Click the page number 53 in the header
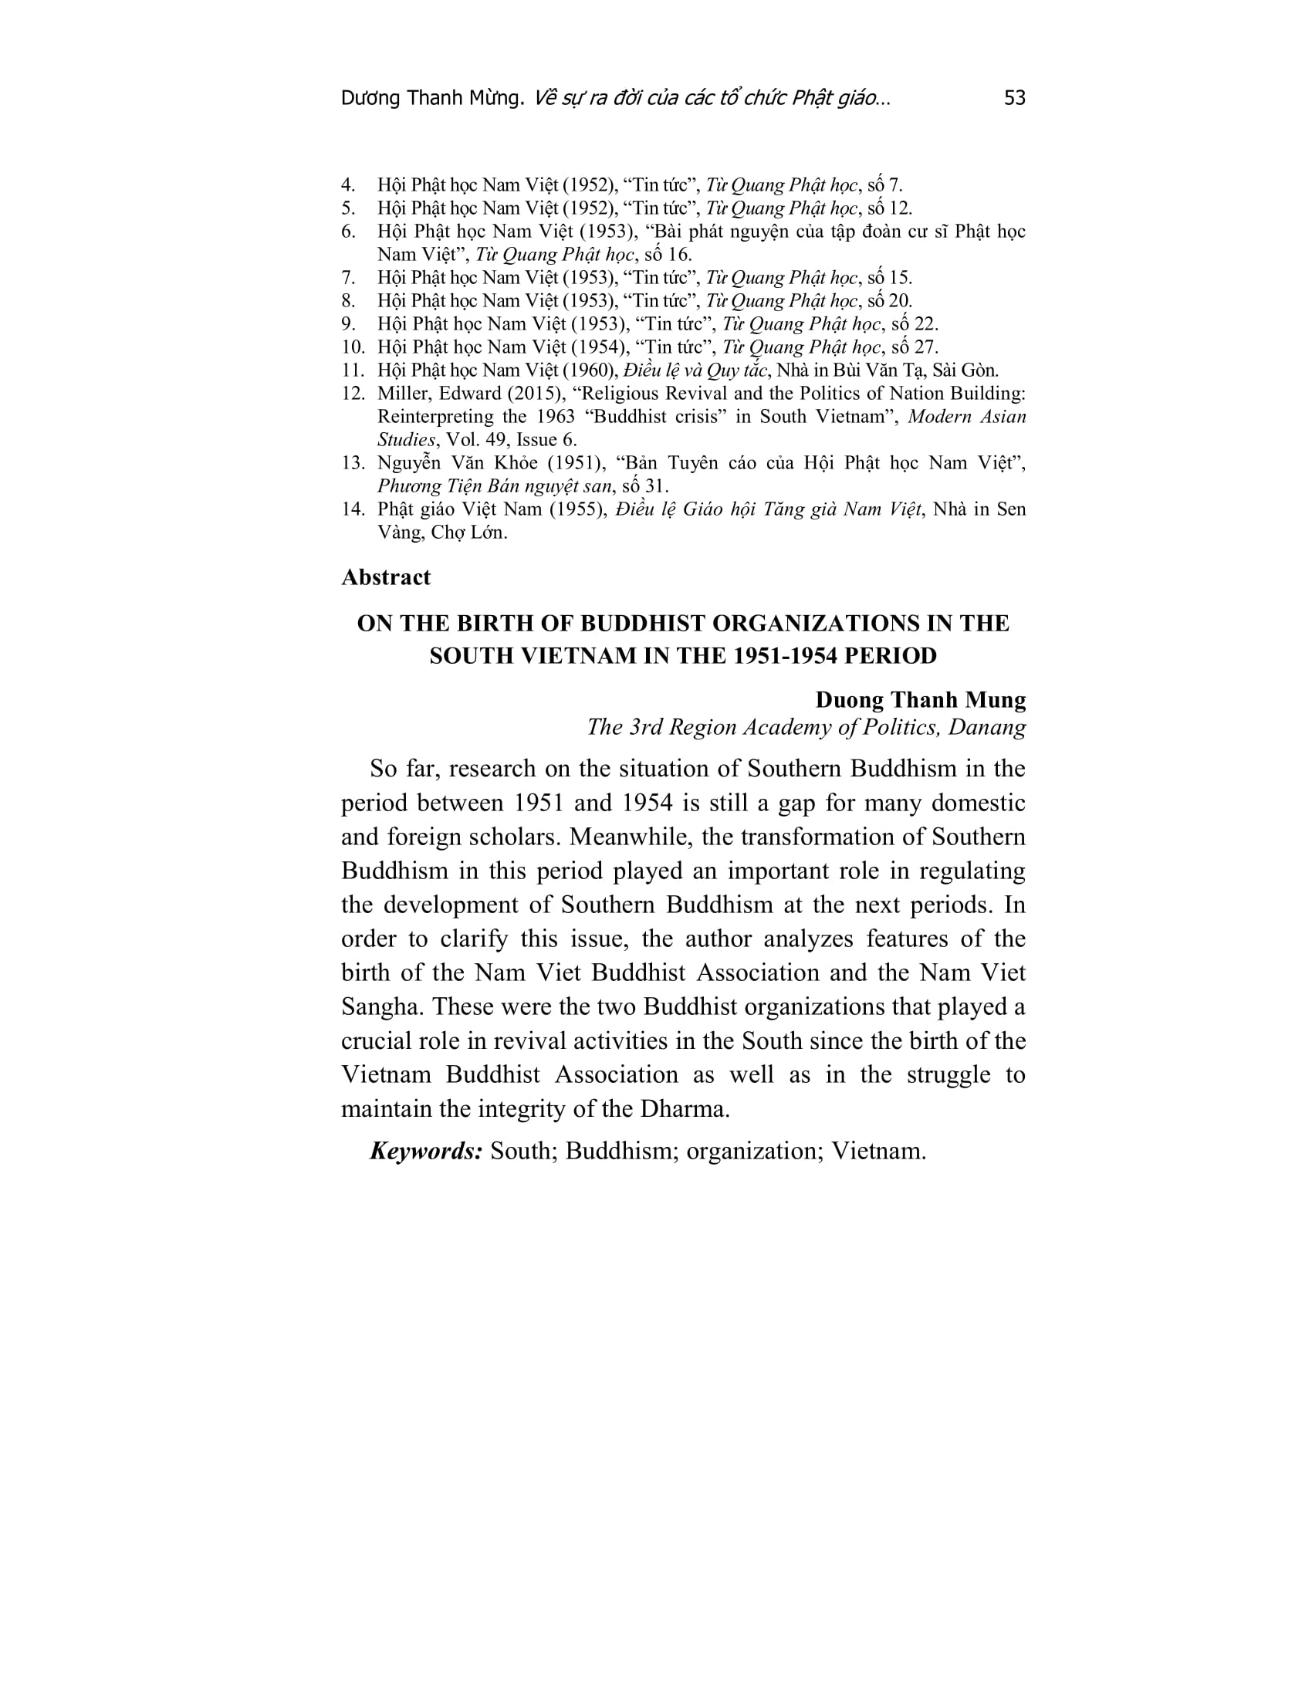click(x=1014, y=98)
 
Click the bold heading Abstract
click(x=386, y=577)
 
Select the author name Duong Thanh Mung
click(x=920, y=700)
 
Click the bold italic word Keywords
click(x=426, y=1151)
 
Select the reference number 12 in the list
click(x=353, y=394)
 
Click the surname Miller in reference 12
click(x=401, y=394)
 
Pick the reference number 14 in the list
click(x=353, y=509)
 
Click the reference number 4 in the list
click(x=348, y=185)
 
